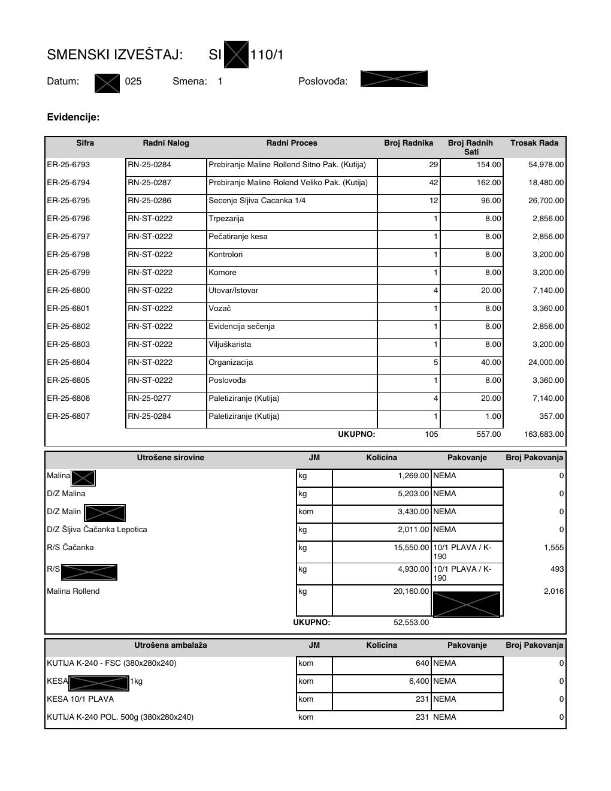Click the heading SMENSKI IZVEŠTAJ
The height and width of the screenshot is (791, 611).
coord(114,55)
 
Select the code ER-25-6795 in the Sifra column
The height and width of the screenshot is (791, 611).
coord(68,201)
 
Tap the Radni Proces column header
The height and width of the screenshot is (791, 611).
coord(292,143)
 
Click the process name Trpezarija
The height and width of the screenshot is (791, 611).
coord(226,219)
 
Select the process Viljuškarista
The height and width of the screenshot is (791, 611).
coord(230,345)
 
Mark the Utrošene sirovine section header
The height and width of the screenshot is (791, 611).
coord(171,458)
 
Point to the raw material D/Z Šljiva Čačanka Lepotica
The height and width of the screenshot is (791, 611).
coord(97,530)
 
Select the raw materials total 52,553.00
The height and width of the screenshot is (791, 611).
coord(411,623)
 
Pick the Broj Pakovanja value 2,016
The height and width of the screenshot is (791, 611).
coord(553,591)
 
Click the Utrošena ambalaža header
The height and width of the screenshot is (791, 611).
coord(171,645)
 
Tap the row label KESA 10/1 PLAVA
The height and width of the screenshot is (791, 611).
coord(80,699)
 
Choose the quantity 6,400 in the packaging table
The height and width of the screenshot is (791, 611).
coord(418,681)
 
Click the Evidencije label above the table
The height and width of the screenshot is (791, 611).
coord(73,117)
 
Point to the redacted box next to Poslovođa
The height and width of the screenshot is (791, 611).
coord(394,79)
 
